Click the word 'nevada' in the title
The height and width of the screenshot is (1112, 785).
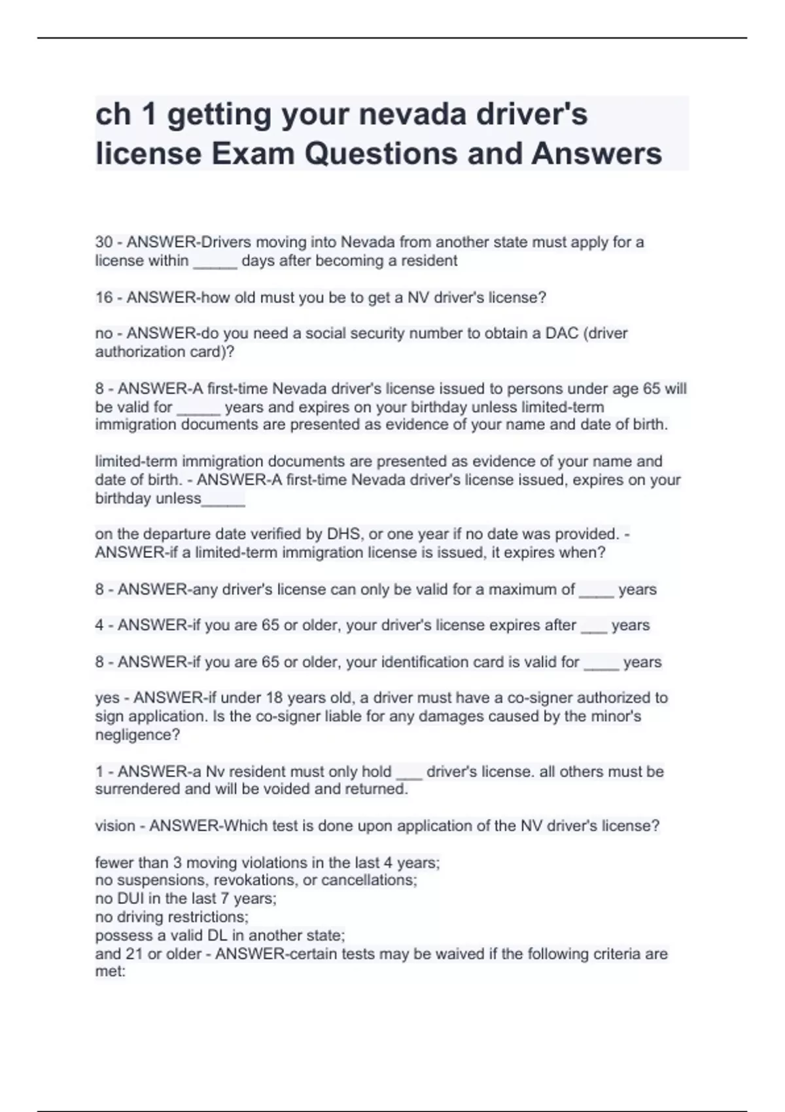413,114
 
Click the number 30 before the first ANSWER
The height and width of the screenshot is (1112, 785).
104,242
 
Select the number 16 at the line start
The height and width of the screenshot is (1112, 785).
104,298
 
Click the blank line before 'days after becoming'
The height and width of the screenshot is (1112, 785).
215,261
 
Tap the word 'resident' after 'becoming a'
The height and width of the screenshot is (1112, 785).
429,261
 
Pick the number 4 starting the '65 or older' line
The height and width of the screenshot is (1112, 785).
99,625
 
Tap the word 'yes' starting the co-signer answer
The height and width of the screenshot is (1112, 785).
107,698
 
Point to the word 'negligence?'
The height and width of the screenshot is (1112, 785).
137,735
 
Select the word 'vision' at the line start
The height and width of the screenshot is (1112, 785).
114,825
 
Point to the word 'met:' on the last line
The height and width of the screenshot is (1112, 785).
110,971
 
